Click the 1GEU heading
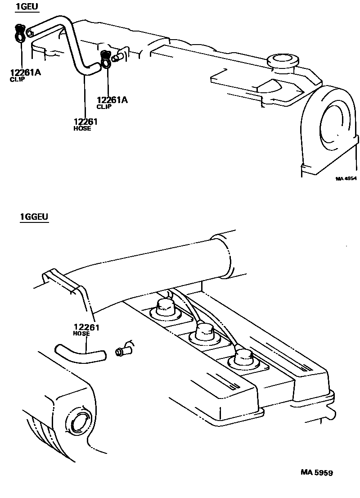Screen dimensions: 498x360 tap(26, 6)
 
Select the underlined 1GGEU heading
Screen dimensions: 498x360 tap(34, 217)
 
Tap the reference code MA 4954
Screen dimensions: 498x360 tap(346, 178)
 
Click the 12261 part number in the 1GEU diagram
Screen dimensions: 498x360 tap(85, 121)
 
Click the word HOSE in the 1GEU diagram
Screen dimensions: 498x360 tap(82, 128)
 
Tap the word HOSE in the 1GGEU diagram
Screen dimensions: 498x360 tap(81, 334)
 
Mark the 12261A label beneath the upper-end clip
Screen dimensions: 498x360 tap(25, 72)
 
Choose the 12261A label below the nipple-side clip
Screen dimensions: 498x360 tap(112, 100)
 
